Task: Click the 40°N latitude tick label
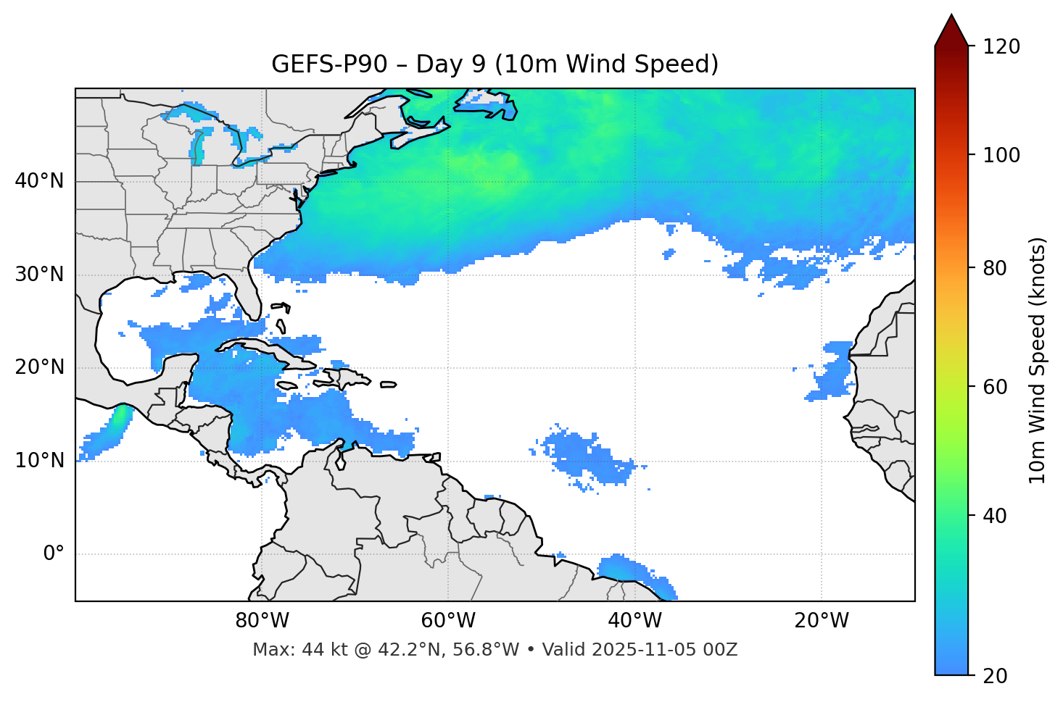click(x=39, y=181)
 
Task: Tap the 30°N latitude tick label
click(x=39, y=275)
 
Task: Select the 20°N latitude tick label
click(x=39, y=367)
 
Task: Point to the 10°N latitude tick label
click(x=39, y=461)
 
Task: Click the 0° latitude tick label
click(x=54, y=554)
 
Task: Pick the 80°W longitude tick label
click(x=262, y=621)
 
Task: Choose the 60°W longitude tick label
click(x=448, y=621)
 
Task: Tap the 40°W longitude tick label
click(x=634, y=621)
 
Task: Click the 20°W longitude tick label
click(x=821, y=621)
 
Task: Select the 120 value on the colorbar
click(x=1001, y=47)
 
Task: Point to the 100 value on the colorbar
click(x=1001, y=155)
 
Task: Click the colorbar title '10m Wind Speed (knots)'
click(x=1038, y=361)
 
